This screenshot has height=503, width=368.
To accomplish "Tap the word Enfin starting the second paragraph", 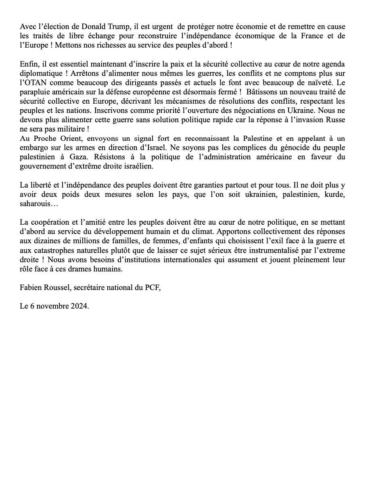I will (29, 65).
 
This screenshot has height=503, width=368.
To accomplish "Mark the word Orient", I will (67, 139).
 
